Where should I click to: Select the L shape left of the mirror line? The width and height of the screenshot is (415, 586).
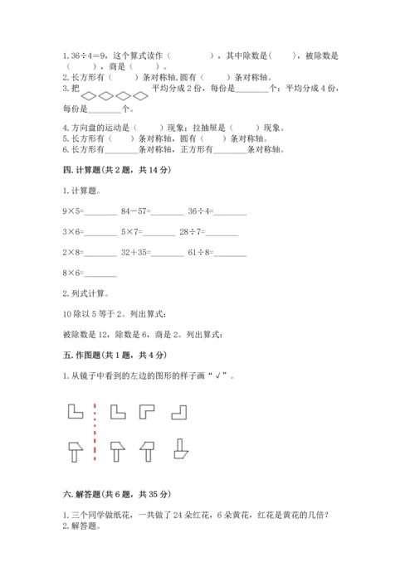pos(73,411)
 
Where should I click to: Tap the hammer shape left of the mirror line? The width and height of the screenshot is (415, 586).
pos(73,452)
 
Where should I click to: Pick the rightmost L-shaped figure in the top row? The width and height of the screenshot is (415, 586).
pos(178,411)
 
